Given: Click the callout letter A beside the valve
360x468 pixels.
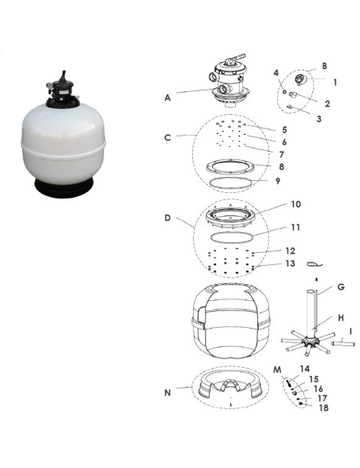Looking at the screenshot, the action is (168, 97).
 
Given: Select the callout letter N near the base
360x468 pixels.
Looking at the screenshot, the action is (168, 393).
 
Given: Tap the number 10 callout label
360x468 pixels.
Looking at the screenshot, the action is (296, 205).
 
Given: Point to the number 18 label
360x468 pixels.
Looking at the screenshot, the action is (323, 407).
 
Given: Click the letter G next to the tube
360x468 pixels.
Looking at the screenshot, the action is (341, 287).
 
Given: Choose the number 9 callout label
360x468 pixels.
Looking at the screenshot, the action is (278, 182).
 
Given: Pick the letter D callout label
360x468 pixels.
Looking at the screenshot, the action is (168, 218).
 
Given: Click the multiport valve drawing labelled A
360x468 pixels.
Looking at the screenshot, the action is (229, 81).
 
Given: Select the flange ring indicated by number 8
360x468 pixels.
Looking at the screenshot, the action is (230, 166).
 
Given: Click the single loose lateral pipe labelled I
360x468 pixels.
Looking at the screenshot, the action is (343, 344).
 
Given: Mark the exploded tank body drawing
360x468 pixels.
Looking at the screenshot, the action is (231, 320).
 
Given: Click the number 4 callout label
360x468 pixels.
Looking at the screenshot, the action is (276, 73).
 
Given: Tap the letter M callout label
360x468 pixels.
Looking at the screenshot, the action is (277, 370).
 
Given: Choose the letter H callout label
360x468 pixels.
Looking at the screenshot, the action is (341, 318).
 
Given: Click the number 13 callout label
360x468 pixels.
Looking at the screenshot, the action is (290, 263).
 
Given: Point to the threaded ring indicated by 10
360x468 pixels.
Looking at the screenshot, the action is (230, 215).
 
